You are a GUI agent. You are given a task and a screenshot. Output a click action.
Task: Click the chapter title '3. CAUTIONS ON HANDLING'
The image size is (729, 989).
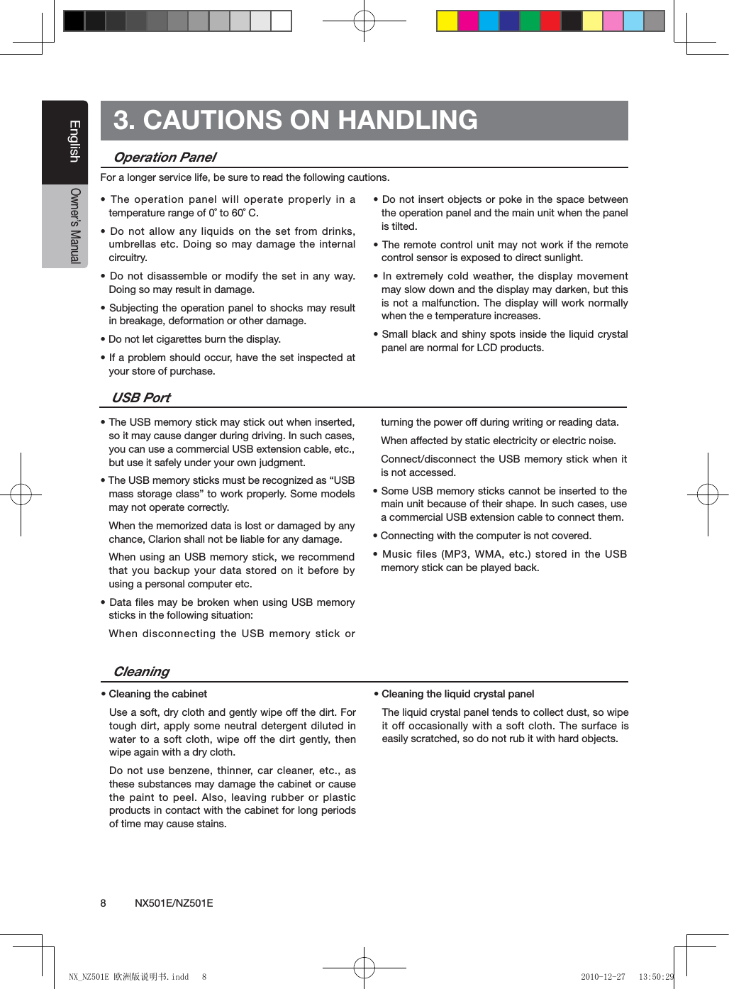pos(295,120)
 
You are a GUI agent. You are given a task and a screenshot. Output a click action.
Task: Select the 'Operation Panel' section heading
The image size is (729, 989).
pos(165,158)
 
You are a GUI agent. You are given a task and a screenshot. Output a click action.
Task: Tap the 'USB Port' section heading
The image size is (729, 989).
pos(141,398)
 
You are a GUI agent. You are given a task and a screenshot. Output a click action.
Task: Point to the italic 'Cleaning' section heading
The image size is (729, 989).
pos(141,672)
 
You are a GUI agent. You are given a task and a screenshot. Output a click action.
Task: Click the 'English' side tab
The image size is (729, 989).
pos(74,141)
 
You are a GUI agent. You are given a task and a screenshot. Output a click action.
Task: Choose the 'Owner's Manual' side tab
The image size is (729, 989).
pos(74,226)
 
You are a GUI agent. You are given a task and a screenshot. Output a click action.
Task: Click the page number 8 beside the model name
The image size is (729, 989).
pos(104,903)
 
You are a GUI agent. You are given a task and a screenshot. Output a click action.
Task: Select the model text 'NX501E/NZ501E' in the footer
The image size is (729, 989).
pos(174,903)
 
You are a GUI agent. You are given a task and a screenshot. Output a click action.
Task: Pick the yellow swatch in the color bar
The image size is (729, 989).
pos(447,21)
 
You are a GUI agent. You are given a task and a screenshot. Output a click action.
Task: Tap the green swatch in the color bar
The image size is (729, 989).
pos(530,21)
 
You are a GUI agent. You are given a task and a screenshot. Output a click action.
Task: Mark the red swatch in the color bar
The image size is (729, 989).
pos(550,21)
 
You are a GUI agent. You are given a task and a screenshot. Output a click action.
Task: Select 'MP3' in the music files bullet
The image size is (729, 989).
pos(455,554)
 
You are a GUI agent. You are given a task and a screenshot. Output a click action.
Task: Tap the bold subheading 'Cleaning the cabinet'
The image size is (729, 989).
pos(157,694)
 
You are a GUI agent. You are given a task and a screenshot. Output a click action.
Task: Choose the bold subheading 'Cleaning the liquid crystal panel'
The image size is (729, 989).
pos(457,694)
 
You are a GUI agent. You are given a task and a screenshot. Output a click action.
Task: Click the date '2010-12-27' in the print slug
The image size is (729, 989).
pos(603,977)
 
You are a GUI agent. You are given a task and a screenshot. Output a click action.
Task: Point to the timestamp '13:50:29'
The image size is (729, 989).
pos(656,977)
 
